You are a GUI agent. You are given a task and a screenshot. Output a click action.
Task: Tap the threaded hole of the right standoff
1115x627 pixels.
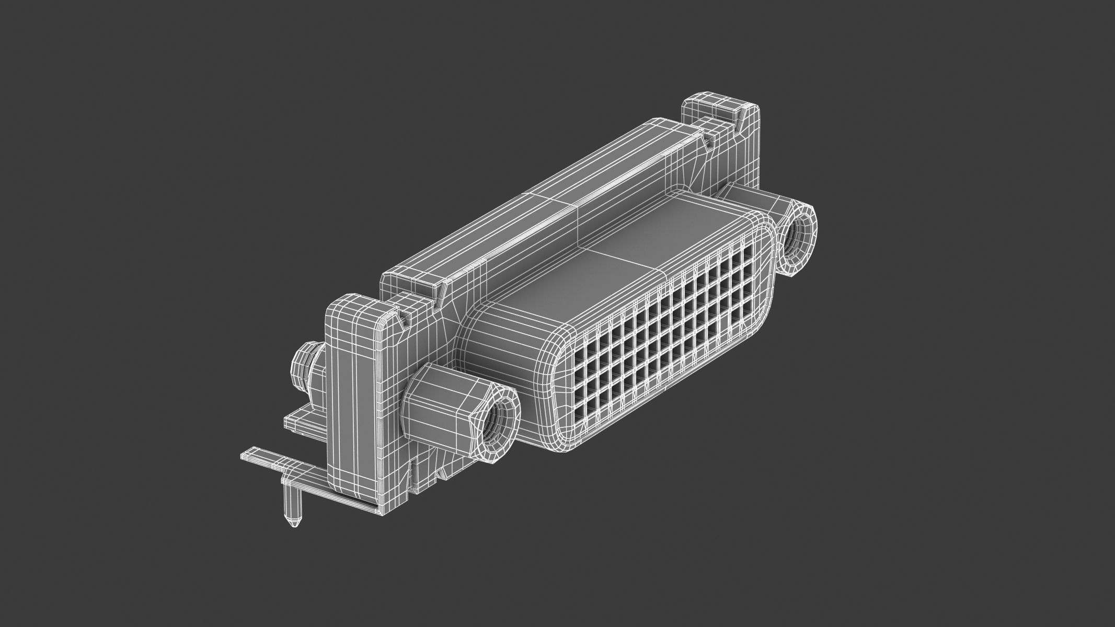[x=797, y=238]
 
